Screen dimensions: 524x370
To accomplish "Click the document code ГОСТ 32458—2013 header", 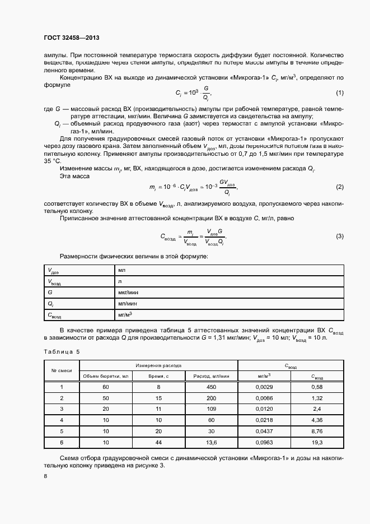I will [71, 38].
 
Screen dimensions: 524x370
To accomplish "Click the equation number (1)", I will [339, 92].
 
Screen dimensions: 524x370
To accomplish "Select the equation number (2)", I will [339, 187].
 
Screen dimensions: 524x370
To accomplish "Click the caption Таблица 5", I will [62, 351].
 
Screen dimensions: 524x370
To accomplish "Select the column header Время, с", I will [158, 376].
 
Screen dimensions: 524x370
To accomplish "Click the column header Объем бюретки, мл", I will [106, 376].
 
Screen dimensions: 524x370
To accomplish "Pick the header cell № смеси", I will [61, 370].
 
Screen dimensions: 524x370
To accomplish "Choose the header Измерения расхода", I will [158, 365].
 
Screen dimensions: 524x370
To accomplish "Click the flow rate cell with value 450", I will [211, 387].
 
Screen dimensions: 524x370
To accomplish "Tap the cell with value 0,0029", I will [264, 387].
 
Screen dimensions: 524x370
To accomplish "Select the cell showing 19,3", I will [317, 442].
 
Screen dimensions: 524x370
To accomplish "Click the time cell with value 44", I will [158, 442].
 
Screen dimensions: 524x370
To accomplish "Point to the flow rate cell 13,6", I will [211, 442].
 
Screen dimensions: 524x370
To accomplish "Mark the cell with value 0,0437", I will [264, 431].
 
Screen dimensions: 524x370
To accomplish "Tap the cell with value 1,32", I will [317, 398].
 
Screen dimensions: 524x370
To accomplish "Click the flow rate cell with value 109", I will [211, 409].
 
